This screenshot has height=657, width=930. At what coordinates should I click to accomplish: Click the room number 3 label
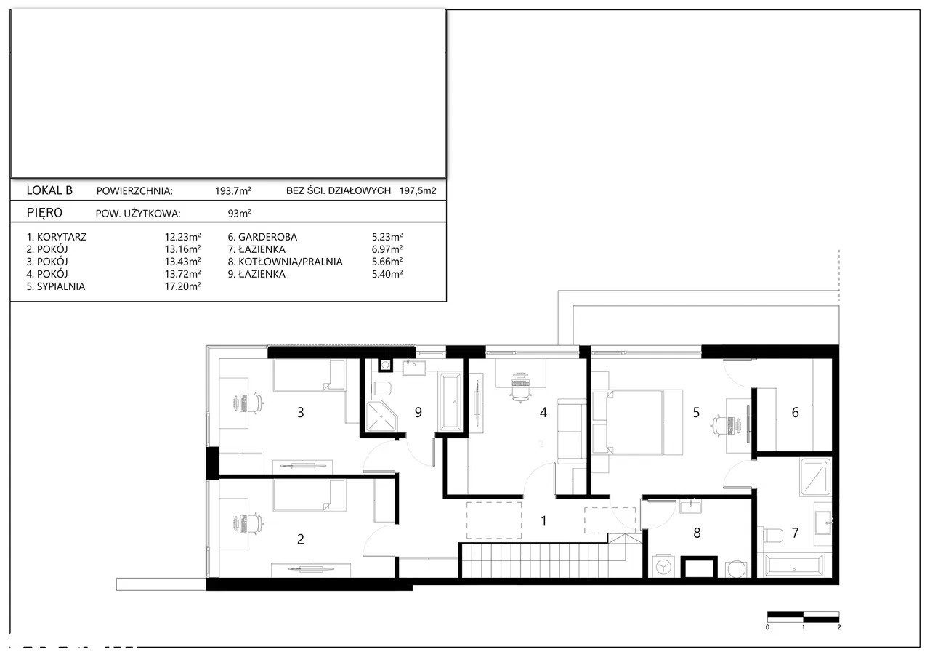click(301, 412)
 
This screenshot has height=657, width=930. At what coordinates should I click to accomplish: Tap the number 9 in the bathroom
click(418, 412)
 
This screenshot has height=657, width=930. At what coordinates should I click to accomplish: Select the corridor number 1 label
click(543, 521)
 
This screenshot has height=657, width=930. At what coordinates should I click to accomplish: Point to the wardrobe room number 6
click(795, 412)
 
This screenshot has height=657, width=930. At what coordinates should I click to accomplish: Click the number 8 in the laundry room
click(697, 533)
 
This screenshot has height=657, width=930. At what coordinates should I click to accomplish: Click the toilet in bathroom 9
click(381, 389)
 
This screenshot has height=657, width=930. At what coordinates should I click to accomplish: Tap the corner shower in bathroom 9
click(381, 416)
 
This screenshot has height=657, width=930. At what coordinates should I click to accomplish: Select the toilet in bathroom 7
click(773, 535)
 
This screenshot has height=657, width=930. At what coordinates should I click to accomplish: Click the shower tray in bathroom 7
click(815, 477)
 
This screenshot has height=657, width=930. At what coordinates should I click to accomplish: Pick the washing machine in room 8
click(663, 566)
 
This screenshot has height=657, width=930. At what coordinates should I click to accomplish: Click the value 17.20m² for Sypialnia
click(182, 286)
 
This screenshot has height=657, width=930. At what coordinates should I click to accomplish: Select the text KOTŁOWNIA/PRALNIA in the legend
click(290, 262)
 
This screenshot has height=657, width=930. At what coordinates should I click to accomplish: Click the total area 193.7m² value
click(233, 190)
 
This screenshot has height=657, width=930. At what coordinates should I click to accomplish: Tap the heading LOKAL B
click(49, 190)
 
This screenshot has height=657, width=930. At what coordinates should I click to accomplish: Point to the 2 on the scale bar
click(839, 627)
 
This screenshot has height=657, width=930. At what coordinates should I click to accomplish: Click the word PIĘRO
click(44, 213)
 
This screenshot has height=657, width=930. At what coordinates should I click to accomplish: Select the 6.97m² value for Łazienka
click(387, 249)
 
